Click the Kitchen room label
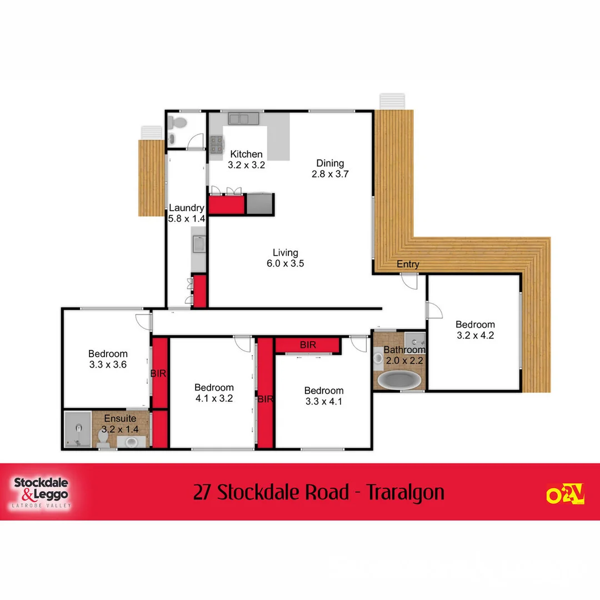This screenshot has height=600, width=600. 246,154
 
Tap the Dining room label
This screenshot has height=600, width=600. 330,163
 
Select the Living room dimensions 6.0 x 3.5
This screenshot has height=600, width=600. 285,263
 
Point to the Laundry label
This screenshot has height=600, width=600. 187,208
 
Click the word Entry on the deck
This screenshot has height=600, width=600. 408,264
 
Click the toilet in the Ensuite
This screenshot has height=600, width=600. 103,437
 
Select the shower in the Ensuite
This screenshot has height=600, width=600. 77,429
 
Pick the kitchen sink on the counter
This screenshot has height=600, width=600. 243,118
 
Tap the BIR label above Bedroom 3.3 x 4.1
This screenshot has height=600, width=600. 308,345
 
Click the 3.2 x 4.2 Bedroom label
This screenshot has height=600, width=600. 475,330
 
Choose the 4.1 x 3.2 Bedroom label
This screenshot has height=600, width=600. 214,393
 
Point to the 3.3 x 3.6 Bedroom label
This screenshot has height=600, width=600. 108,359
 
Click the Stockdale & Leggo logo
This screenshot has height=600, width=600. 42,491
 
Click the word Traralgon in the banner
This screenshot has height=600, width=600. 406,492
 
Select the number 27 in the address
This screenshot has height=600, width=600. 203,492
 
